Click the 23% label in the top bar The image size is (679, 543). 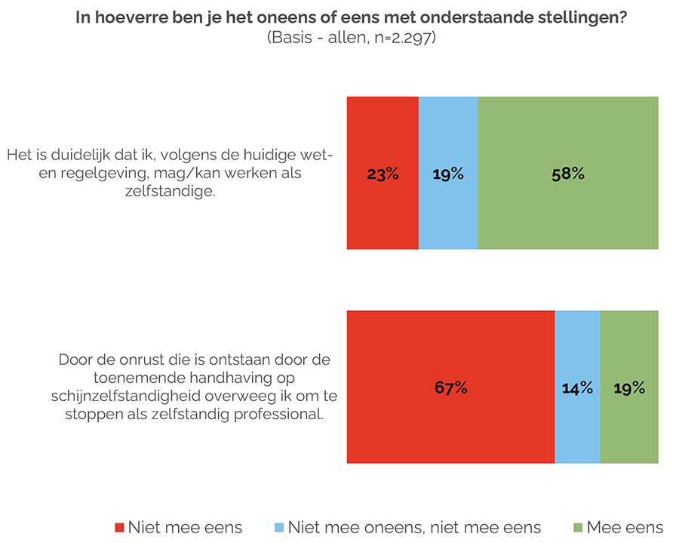tap(383, 174)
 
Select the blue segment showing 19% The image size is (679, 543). tap(448, 174)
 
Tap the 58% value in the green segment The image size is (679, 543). tap(568, 174)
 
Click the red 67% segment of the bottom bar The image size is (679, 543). tap(451, 387)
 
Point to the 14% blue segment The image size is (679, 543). tap(577, 387)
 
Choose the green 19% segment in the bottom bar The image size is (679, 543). tap(628, 387)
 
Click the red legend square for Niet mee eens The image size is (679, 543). tap(118, 527)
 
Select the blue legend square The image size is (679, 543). tap(278, 527)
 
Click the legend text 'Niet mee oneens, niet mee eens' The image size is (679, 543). tap(414, 527)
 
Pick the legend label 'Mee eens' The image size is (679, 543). tap(625, 527)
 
